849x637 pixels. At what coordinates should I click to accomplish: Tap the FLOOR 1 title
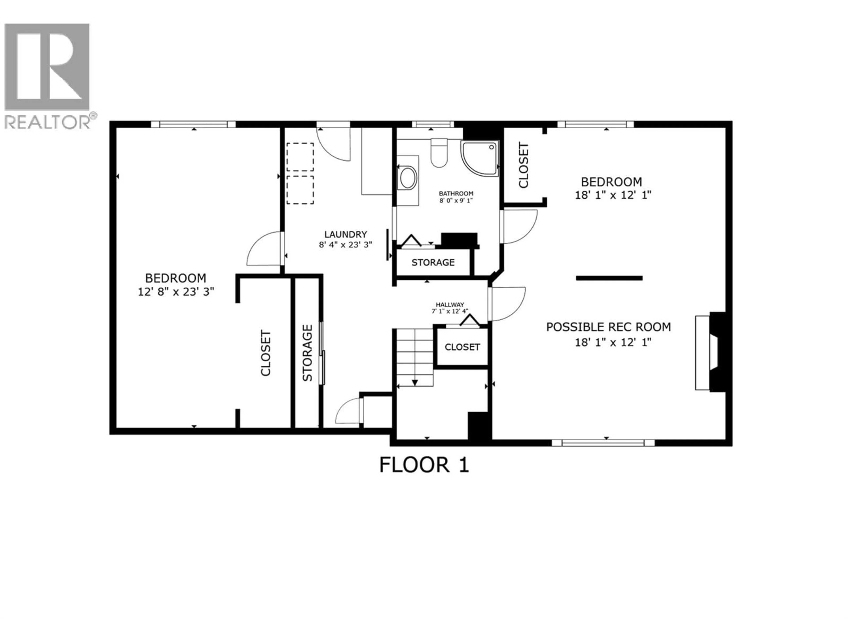point(424,465)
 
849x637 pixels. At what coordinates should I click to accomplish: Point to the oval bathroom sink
point(408,178)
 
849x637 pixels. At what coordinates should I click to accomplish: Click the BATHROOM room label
point(456,194)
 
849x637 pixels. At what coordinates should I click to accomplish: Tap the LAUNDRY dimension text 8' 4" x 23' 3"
point(345,245)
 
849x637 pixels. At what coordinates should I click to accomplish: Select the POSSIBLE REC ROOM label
point(608,327)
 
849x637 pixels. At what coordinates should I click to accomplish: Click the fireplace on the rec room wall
point(710,352)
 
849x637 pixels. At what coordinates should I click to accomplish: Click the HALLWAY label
point(450,305)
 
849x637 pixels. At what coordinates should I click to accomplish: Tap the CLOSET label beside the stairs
point(462,347)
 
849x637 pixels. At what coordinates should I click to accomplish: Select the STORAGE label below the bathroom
point(433,263)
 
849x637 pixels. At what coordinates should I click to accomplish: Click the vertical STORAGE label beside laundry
point(308,353)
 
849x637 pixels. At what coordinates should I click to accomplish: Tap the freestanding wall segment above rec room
point(609,278)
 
